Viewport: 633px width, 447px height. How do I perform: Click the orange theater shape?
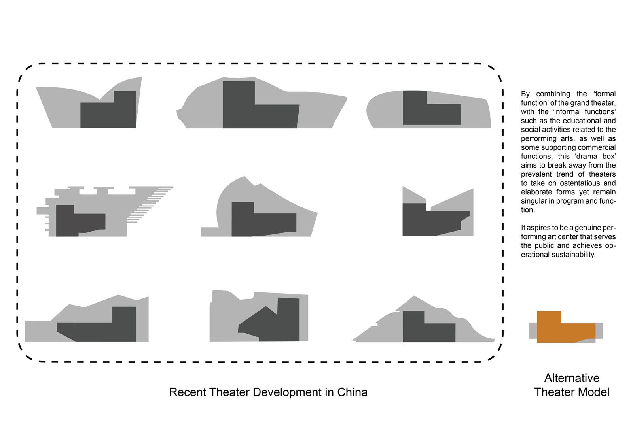point(566,327)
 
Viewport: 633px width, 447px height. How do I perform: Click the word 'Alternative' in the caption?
point(572,378)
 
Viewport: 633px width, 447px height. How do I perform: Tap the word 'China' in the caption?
point(352,392)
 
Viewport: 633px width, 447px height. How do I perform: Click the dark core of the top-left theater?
point(108,109)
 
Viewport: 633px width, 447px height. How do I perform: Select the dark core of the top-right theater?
point(432,108)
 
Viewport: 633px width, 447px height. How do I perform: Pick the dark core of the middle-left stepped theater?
point(81,221)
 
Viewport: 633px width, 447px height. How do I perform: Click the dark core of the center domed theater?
point(264,219)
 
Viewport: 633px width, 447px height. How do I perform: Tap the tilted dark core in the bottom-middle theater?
point(269,320)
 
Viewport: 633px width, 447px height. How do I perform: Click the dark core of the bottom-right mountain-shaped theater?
point(429,326)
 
